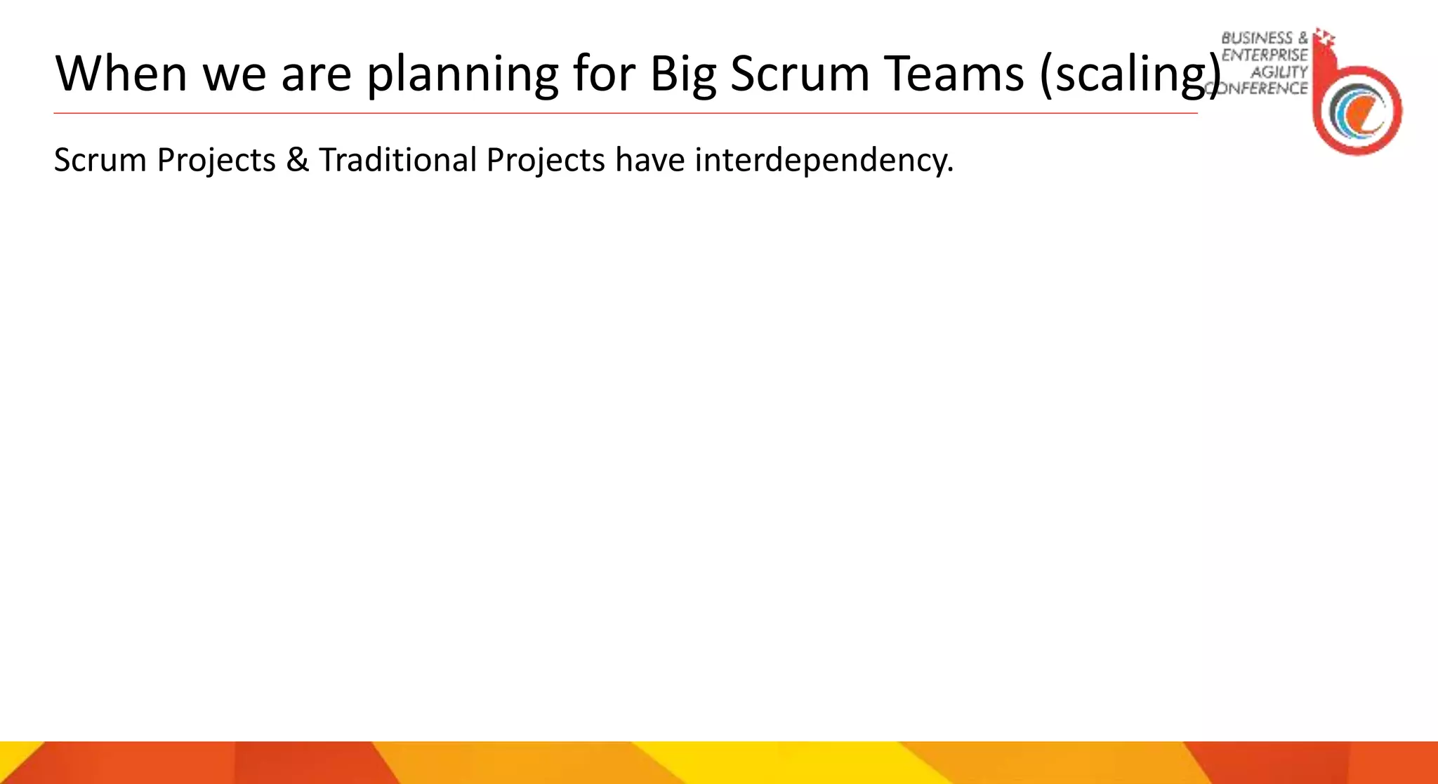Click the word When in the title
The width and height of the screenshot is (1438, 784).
(121, 73)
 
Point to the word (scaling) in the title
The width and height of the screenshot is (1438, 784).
(1130, 74)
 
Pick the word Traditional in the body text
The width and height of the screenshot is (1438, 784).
(397, 160)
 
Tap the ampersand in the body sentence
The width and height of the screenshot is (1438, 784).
(297, 160)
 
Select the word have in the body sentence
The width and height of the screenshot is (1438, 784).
(649, 160)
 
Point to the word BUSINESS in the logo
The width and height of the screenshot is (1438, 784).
(1257, 38)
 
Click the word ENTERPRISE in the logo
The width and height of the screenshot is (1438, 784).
(1265, 55)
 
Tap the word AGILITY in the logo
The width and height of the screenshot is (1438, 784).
(1279, 72)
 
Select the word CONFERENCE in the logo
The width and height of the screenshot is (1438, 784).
(1258, 88)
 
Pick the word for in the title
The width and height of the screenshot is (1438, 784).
(602, 73)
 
